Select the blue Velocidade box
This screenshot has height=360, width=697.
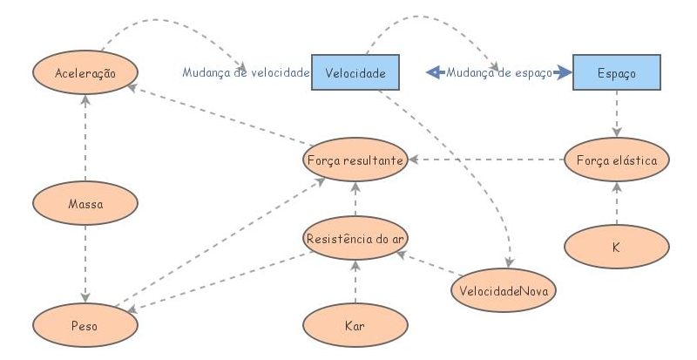pos(356,73)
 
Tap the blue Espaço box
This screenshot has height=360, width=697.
pos(616,73)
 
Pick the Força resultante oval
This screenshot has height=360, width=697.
pos(355,160)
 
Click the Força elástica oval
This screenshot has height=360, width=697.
pos(616,160)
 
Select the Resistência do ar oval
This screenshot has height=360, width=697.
pos(355,237)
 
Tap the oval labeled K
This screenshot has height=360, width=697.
pos(616,247)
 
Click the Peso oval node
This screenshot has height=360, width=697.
pos(85,323)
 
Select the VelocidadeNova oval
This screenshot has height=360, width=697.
pos(503,289)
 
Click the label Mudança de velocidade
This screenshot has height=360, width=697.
pos(246,73)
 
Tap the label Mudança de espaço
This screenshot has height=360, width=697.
pos(498,73)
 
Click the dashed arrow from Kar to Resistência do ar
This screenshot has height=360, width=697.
pos(355,282)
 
